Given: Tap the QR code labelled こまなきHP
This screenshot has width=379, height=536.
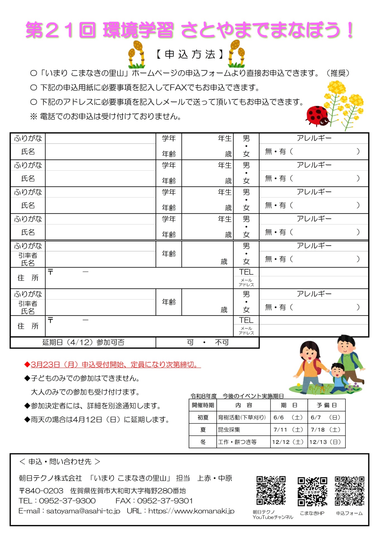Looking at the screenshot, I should (312, 492).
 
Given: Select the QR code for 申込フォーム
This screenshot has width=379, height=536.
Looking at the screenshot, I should (349, 491).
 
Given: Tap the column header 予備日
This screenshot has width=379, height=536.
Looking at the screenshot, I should (327, 405).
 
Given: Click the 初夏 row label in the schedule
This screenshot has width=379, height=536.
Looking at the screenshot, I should (203, 417).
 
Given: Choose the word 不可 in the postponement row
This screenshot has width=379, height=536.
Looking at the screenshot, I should (222, 342).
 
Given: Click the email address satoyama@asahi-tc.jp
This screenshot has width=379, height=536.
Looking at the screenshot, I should (83, 511).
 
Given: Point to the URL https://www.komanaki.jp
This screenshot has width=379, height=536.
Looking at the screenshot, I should (191, 511).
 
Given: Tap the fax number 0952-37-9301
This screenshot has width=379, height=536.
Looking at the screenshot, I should (165, 501).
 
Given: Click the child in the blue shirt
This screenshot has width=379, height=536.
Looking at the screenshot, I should (338, 375).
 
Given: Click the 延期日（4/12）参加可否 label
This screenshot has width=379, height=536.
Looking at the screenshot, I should (83, 342).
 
